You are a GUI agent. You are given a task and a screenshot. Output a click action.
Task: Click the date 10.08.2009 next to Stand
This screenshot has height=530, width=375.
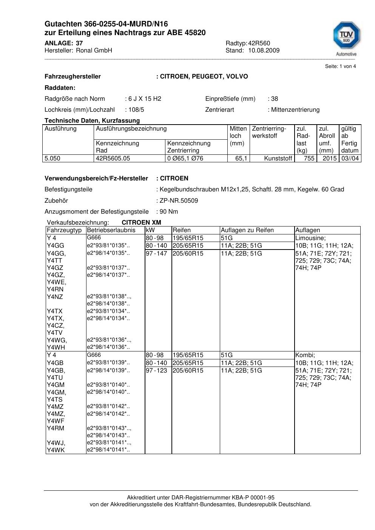pos(264,50)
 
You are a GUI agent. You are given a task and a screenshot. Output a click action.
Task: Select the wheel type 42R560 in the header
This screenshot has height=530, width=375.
pos(259,43)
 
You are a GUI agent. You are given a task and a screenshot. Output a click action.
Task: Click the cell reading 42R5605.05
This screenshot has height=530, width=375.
pos(113,159)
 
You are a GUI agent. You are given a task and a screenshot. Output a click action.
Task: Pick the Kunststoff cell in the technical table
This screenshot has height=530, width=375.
pos(278,159)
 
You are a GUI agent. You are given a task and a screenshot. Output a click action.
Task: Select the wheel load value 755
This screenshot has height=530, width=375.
pos(309,159)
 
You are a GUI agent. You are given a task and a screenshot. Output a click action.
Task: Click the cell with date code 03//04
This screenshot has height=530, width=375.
pos(350,159)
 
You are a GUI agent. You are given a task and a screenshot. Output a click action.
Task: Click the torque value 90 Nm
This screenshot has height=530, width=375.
pos(169,211)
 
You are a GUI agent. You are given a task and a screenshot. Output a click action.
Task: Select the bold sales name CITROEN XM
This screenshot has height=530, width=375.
pos(141,222)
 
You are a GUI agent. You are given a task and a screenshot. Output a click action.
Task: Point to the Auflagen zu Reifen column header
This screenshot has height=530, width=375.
pos(247,230)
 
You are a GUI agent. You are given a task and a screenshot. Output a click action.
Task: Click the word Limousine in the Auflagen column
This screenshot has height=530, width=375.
pos(310,238)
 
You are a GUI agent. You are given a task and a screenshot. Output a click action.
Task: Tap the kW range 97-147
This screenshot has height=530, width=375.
pos(156,253)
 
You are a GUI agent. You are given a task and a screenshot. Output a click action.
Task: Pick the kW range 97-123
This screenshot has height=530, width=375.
pos(156,370)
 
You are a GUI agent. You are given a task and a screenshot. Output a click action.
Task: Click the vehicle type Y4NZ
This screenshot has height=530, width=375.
pos(55,297)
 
